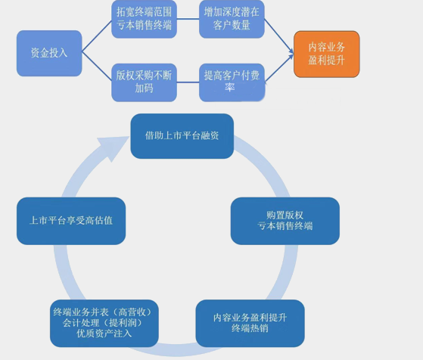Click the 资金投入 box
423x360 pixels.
[49, 53]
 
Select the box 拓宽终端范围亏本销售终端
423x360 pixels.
[144, 20]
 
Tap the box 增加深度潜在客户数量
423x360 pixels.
[232, 20]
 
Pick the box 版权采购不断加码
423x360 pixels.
[144, 82]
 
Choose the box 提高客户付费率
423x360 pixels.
[232, 82]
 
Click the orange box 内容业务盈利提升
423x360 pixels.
[326, 54]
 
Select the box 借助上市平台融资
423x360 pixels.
[182, 136]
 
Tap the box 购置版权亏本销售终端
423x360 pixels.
[285, 220]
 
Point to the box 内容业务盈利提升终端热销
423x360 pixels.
[250, 323]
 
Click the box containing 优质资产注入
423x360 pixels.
[104, 323]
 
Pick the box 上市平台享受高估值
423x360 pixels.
[71, 221]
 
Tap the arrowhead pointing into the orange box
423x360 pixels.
[290, 53]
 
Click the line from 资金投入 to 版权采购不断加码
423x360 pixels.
[96, 68]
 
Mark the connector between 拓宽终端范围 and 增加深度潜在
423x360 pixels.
[188, 20]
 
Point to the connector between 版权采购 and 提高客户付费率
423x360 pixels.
[188, 82]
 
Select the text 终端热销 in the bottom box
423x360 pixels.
[250, 329]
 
